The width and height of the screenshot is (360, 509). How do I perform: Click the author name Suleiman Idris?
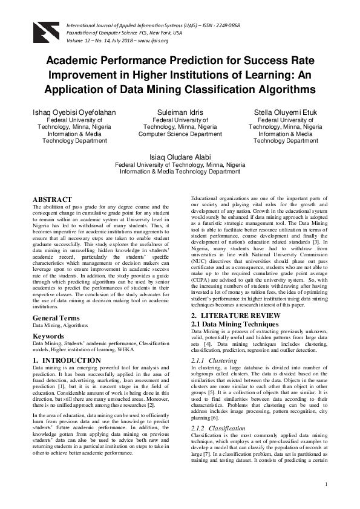(x=180, y=112)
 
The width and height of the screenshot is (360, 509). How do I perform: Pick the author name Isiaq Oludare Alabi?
(x=180, y=156)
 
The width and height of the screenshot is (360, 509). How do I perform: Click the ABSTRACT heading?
(x=52, y=199)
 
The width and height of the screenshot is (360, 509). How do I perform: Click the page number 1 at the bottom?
(x=326, y=501)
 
